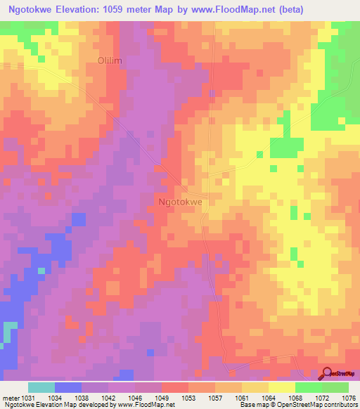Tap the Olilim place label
(x=110, y=61)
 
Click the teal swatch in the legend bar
(x=41, y=387)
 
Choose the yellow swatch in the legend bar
(x=281, y=387)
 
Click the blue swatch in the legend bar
(x=68, y=387)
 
